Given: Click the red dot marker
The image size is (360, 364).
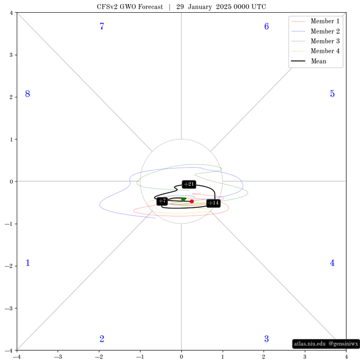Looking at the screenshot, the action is coord(192,201).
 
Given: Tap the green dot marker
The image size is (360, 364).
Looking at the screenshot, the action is coord(183,199).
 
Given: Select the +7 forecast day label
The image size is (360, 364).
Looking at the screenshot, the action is coord(162,201).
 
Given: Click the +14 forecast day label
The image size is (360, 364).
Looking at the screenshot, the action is coord(213,203).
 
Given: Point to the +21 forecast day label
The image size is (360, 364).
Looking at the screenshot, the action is coord(189,184).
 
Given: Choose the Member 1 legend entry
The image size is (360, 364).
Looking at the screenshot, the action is coord(315,21).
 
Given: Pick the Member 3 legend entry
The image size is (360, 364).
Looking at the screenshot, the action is coord(315,41).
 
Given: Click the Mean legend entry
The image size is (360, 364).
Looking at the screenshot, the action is coord(309,61).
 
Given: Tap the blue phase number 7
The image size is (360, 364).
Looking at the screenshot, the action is coord(102,26).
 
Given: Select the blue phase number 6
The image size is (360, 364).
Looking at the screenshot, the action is coord(266,26).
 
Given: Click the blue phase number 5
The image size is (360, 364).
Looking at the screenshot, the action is coord(332,94).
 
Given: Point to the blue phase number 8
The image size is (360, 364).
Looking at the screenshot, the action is coord(28,94).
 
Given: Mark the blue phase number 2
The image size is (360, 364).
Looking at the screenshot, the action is coord(102,339).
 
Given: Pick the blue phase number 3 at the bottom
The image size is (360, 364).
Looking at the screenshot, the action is coord(266,339).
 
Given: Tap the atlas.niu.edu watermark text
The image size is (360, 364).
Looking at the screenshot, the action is coord(310,344).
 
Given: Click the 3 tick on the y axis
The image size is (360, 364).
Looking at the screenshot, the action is coord(11,55).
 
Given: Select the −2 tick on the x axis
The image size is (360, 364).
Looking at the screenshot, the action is coord(99,357).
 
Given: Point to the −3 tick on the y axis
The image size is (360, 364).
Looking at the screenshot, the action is coord(9,308).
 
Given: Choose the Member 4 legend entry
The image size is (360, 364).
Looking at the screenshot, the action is coord(315,51).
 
